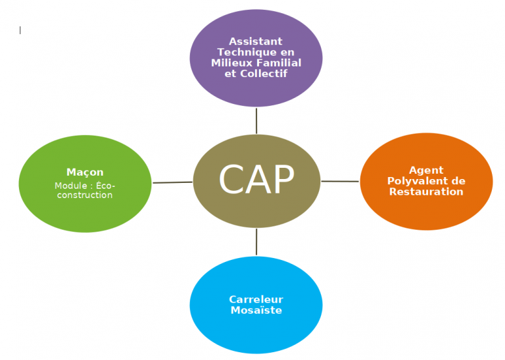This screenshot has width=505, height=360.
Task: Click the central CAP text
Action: click(256, 179)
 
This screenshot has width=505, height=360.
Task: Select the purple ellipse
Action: click(256, 58)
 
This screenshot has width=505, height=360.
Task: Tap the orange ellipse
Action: click(426, 182)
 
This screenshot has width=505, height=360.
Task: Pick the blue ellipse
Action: click(256, 305)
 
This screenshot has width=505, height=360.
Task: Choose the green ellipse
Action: click(85, 184)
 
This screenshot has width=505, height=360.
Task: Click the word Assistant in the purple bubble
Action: click(255, 41)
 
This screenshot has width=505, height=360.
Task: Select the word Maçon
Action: click(85, 172)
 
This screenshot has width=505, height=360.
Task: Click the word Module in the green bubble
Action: click(70, 186)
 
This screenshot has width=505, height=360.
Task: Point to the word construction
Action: click(85, 195)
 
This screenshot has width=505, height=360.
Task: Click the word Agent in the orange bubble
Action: click(426, 170)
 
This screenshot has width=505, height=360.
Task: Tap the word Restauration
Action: click(426, 192)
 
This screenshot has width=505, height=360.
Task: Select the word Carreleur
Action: click(256, 299)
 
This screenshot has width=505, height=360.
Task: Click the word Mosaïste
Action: click(256, 310)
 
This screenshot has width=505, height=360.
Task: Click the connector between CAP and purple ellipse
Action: click(256, 121)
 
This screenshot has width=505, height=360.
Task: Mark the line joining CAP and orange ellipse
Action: click(340, 181)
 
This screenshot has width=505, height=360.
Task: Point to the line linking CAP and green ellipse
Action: click(172, 182)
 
